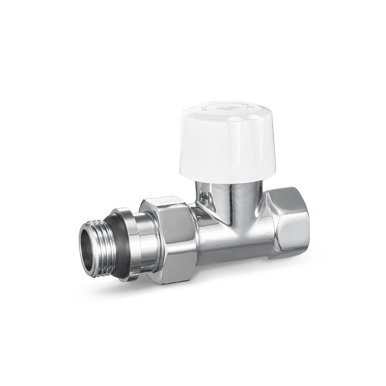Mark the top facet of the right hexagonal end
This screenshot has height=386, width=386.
pos(283,191)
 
